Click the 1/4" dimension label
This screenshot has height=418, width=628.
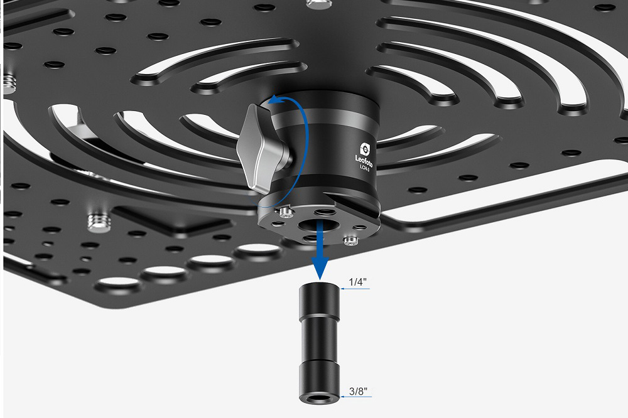pyautogui.click(x=357, y=282)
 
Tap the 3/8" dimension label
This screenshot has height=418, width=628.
pyautogui.click(x=358, y=391)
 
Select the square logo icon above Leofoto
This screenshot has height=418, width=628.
pyautogui.click(x=365, y=149)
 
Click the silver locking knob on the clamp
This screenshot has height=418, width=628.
pyautogui.click(x=261, y=147)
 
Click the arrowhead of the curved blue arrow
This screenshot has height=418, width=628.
pyautogui.click(x=275, y=100)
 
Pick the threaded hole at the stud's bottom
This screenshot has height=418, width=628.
pyautogui.click(x=319, y=399)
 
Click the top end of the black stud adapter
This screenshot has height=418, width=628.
pyautogui.click(x=319, y=286)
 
